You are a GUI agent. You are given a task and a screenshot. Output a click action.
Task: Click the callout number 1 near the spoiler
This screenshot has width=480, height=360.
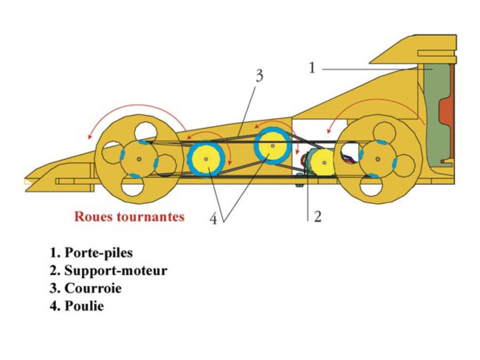312,68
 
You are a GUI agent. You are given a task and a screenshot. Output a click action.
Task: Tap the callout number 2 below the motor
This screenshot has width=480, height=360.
317,217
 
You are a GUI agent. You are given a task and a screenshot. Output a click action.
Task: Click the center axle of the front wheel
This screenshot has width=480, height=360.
139,159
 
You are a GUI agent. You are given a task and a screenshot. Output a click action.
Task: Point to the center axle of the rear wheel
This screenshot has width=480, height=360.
378,159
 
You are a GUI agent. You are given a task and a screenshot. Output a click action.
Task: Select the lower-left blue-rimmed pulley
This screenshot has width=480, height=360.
206,159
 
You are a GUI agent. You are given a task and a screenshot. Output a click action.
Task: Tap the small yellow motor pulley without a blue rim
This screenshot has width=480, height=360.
323,163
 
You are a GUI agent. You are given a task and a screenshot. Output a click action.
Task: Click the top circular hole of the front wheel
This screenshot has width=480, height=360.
144,131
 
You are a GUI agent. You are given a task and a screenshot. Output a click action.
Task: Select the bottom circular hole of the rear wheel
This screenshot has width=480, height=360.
371,187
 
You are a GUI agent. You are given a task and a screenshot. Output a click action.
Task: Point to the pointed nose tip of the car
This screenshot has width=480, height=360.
26,181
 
